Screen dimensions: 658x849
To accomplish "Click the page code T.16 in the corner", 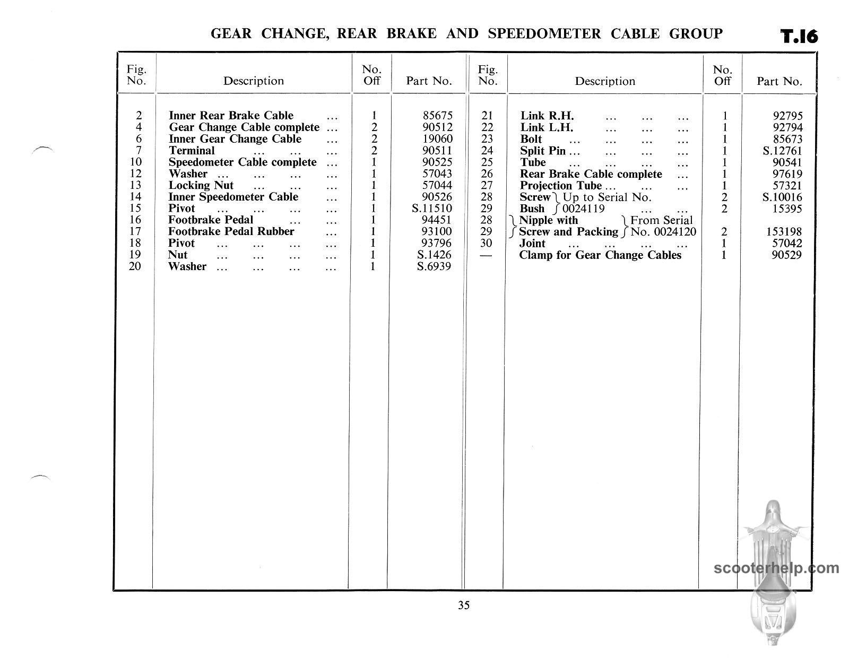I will (x=799, y=37).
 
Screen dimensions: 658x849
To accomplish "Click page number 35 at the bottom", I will (x=464, y=605).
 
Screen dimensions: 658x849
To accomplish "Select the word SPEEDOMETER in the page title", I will (x=544, y=34).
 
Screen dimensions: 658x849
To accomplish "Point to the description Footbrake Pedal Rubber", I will (x=231, y=232).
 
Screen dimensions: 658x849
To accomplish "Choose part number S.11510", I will (x=432, y=209).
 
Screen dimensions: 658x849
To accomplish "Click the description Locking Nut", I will (x=201, y=186).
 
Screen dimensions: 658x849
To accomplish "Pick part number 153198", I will (x=783, y=232).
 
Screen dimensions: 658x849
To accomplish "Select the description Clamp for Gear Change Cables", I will (x=600, y=255).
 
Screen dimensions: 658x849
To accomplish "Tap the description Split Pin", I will (x=543, y=151).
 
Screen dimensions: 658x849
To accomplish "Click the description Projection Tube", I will (x=561, y=186).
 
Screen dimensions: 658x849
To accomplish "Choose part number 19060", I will (x=438, y=139).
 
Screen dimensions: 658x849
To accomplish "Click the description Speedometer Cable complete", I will (x=242, y=162).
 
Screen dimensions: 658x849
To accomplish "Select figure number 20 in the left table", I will (x=135, y=266).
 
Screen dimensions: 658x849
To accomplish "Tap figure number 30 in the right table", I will (x=487, y=244).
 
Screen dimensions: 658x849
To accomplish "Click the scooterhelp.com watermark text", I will (x=776, y=568).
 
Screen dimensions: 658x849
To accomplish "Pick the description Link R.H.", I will (x=547, y=116).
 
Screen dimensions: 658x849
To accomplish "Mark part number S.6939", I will (x=434, y=266).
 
